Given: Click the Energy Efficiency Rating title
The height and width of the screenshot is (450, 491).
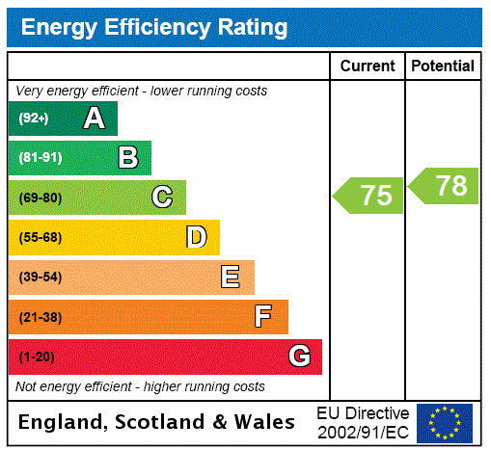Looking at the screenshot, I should (x=153, y=28).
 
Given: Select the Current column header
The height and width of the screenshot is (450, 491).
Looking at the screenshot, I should (x=368, y=66).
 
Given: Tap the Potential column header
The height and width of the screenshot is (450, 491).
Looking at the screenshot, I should (x=443, y=66).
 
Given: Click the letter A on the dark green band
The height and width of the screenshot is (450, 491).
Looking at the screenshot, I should (x=94, y=119).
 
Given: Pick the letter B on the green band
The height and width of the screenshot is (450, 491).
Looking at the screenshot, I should (x=127, y=158).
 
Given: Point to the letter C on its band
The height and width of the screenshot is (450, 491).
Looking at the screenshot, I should (x=162, y=198).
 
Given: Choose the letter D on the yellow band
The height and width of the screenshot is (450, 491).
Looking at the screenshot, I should (x=196, y=237).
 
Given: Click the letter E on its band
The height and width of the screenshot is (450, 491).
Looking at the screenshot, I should (x=231, y=278).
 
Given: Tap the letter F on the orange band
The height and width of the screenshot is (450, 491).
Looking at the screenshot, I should (x=263, y=317).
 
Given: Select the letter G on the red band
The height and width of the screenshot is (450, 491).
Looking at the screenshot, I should (x=299, y=357).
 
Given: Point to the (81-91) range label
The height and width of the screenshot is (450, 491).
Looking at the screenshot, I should (x=40, y=158).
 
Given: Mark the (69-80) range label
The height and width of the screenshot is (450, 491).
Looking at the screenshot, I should (x=40, y=198).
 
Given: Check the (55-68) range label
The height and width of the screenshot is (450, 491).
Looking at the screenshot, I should (x=40, y=237).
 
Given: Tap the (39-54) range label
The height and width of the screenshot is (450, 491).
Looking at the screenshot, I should (x=40, y=278).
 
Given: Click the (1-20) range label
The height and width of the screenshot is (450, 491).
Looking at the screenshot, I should (x=37, y=357).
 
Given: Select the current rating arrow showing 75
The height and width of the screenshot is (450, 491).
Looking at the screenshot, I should (x=369, y=196).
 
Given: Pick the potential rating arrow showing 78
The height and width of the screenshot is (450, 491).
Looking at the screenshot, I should (x=445, y=186).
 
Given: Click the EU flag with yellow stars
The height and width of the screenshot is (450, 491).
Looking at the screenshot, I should (x=445, y=423).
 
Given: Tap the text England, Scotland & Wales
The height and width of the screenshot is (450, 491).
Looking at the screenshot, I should (x=157, y=422).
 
